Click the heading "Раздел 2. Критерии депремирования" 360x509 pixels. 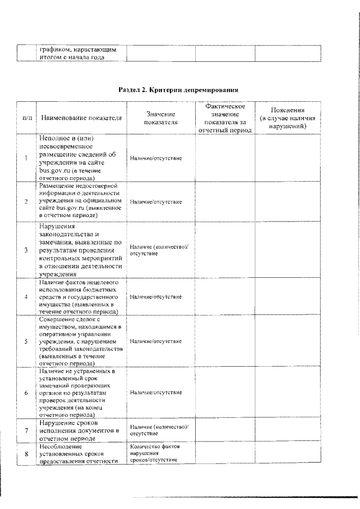tap(178, 89)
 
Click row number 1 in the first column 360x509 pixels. tap(26, 158)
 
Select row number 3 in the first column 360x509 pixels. tap(26, 250)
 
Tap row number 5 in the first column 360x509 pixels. tap(26, 341)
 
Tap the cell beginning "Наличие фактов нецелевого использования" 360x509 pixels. tap(79, 296)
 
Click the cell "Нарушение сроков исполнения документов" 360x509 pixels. tap(79, 430)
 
